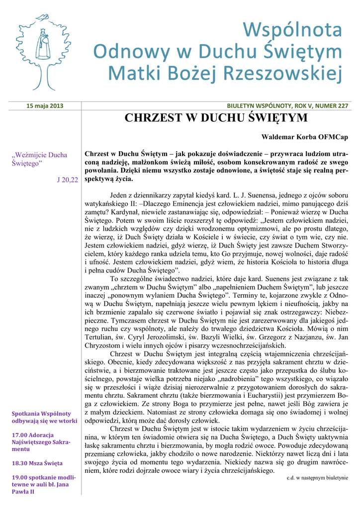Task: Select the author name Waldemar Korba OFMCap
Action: point(305,136)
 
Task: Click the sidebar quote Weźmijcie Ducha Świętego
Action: point(39,159)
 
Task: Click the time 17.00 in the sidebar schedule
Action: point(19,435)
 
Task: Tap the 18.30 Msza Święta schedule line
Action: point(38,463)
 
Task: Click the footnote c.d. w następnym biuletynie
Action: point(317,478)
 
